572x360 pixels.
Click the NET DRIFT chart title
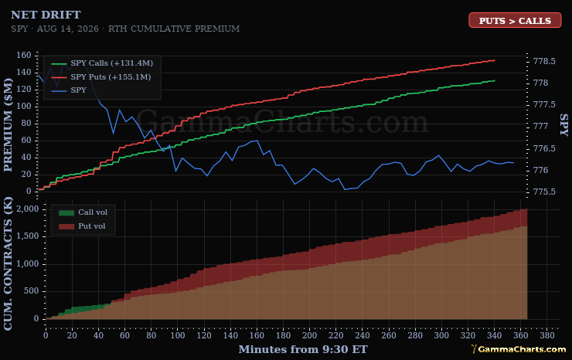pos(46,15)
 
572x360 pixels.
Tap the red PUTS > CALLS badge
pos(515,20)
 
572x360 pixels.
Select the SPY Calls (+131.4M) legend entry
pos(102,63)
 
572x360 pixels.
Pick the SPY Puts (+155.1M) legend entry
pos(101,77)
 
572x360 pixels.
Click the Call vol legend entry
pos(83,212)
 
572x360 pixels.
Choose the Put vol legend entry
pos(82,226)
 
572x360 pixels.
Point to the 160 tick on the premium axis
pos(24,55)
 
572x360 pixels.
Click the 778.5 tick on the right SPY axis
pos(544,61)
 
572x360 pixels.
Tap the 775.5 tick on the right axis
pos(544,192)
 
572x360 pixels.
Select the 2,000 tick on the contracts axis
pos(27,209)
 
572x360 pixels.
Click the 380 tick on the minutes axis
pos(546,335)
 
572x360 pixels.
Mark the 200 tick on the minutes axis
pos(309,335)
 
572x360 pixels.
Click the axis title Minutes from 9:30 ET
pos(303,349)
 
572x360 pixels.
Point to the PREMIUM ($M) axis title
pos(8,125)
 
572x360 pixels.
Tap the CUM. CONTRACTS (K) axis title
pos(8,263)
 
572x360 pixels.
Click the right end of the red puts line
pos(495,60)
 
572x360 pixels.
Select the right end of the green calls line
pos(495,80)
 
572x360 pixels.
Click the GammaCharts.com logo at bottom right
pos(519,349)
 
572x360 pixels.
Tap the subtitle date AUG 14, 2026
pos(67,29)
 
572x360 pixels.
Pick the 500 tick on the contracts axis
pos(31,291)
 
